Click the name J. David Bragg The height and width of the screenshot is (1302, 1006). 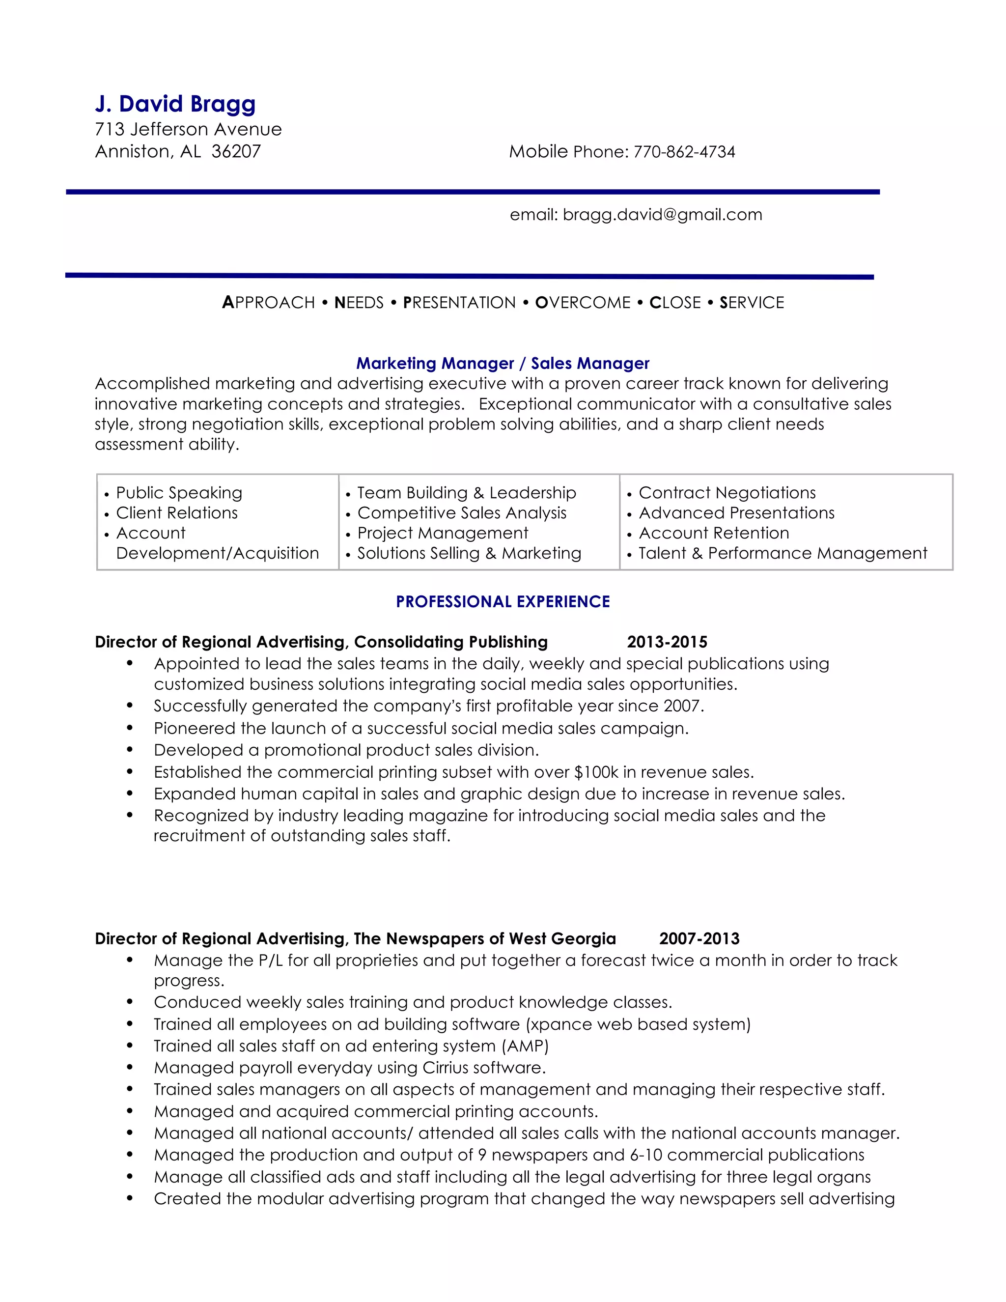pos(175,104)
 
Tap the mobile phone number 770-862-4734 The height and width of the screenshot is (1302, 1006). pos(684,152)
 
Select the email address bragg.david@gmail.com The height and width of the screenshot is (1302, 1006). pos(662,215)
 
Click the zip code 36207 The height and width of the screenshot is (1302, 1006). pos(236,151)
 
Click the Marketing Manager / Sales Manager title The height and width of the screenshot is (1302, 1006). pos(503,363)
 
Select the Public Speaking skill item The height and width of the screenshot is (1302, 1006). pos(179,493)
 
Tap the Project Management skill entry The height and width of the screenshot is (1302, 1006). pos(442,533)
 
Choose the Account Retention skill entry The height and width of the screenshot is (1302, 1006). pos(713,533)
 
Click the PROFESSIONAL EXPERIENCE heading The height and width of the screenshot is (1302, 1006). pos(503,601)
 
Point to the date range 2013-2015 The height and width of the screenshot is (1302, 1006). pos(667,642)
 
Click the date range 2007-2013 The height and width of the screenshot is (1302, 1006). pos(699,939)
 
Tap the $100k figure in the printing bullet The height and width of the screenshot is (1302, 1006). pos(596,773)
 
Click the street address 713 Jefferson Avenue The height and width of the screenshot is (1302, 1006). pos(188,129)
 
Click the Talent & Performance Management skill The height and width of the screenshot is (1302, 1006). pos(782,553)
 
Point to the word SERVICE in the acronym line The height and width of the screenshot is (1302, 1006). pos(752,303)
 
